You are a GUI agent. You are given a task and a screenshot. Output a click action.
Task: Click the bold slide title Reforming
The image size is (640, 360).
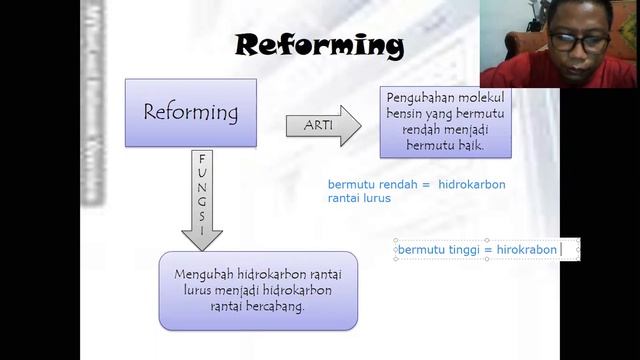(319, 45)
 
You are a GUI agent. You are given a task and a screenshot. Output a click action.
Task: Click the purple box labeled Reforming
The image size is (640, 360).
(191, 112)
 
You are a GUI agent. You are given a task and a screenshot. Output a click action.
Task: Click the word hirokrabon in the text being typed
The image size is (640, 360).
(527, 249)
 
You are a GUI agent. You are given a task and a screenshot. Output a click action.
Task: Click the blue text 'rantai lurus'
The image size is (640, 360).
(359, 198)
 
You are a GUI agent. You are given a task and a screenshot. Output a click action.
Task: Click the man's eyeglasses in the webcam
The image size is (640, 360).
(579, 42)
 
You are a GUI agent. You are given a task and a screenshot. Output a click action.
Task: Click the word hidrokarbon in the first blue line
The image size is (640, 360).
(472, 184)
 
